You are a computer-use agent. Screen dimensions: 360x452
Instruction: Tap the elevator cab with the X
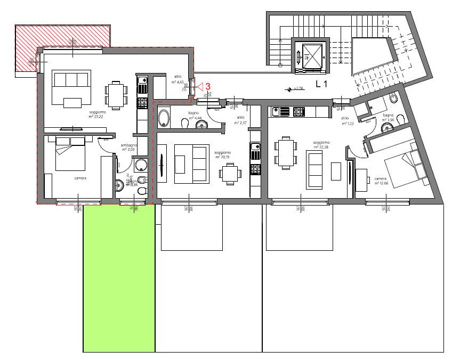[311, 55]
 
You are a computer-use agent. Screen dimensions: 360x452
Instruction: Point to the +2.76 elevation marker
[295, 89]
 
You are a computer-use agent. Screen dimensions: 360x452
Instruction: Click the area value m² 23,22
[98, 117]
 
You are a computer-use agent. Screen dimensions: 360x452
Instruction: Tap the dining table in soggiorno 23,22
[116, 94]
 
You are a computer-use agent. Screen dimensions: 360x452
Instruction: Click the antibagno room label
[128, 145]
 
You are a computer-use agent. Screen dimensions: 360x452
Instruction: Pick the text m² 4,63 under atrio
[177, 83]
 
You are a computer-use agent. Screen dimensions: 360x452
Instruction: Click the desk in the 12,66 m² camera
[361, 180]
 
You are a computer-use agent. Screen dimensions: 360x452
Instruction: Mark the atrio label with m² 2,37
[240, 120]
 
